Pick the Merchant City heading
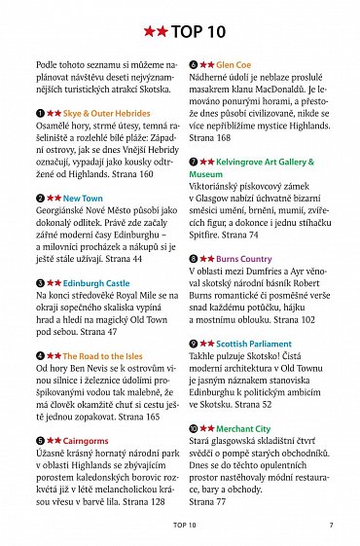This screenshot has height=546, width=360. coord(243,428)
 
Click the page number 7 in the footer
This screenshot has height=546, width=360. coord(331,525)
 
